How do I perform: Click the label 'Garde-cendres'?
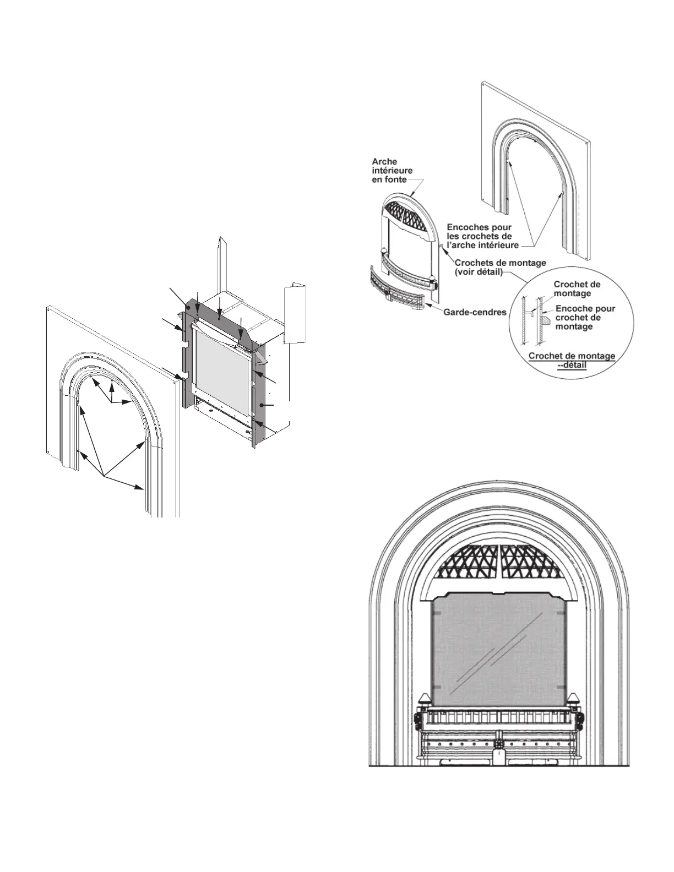(475, 312)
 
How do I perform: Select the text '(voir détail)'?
(479, 272)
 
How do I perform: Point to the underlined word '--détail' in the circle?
(572, 364)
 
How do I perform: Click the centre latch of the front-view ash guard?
(499, 738)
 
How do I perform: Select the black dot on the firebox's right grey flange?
(263, 405)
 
